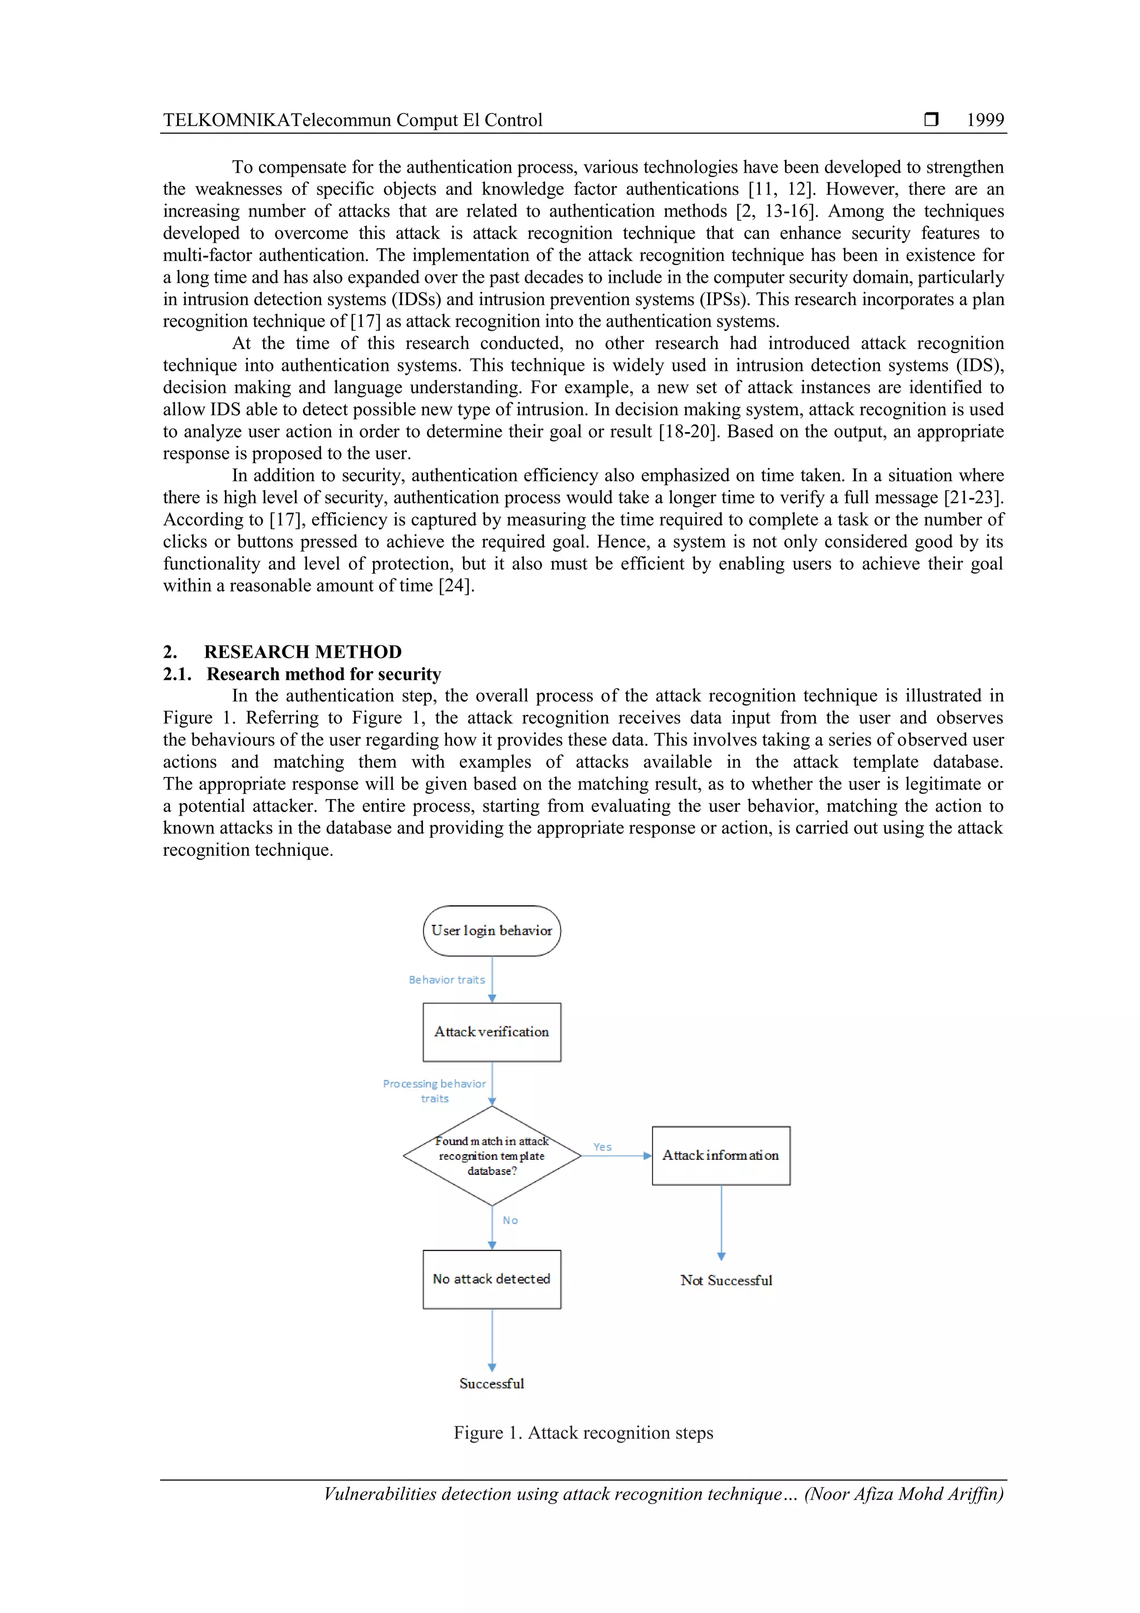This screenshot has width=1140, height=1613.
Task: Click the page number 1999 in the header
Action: click(985, 120)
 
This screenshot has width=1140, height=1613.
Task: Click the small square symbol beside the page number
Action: click(931, 119)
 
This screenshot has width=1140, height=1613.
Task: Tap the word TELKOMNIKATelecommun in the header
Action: click(277, 120)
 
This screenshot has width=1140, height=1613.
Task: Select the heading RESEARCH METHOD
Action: click(303, 651)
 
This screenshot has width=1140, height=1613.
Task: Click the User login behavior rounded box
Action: click(492, 930)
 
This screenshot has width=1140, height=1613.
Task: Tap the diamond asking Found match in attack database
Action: click(492, 1156)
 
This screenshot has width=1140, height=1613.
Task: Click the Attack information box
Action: click(721, 1156)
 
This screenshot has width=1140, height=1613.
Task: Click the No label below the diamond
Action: click(510, 1220)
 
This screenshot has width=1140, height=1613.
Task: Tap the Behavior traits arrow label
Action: click(447, 979)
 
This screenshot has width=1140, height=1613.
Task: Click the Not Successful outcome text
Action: click(726, 1280)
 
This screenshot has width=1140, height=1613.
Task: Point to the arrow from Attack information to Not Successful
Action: click(721, 1222)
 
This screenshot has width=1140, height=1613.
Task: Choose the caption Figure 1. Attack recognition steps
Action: click(583, 1433)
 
